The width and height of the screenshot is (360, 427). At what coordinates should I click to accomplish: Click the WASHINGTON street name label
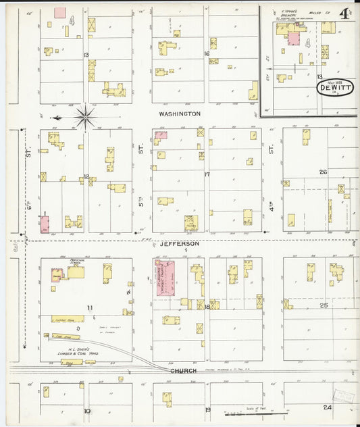pyautogui.click(x=180, y=114)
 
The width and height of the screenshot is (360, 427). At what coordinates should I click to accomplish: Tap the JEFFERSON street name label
pyautogui.click(x=180, y=243)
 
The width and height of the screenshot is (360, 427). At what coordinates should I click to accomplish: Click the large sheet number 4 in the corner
pyautogui.click(x=344, y=14)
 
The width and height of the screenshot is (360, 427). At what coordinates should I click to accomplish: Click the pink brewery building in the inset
pyautogui.click(x=294, y=39)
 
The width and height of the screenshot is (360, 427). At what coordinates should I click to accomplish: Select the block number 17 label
pyautogui.click(x=207, y=174)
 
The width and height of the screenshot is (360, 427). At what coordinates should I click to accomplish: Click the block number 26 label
pyautogui.click(x=323, y=172)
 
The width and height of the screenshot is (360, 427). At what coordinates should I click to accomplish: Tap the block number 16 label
pyautogui.click(x=207, y=53)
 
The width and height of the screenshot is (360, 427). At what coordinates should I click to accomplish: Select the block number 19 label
pyautogui.click(x=207, y=410)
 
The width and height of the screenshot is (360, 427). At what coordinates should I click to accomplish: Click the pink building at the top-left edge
pyautogui.click(x=60, y=12)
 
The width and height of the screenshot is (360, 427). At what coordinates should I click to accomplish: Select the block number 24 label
pyautogui.click(x=327, y=407)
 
